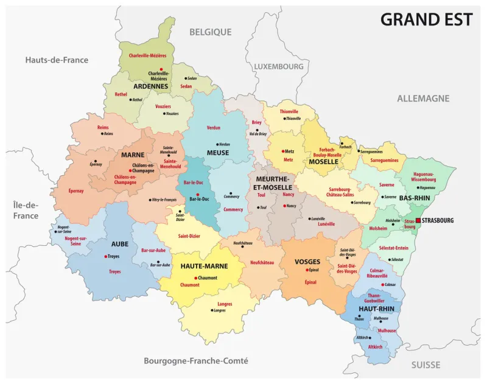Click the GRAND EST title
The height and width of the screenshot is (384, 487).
coord(426,19)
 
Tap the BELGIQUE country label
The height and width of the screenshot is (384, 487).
coord(210,32)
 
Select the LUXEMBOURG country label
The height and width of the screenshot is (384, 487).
coord(278,66)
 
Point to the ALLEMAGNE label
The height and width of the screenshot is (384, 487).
coord(423,98)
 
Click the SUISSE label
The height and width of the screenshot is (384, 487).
coord(426,365)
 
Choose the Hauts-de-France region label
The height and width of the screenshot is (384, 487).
coord(57,60)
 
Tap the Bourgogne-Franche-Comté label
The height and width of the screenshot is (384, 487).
coord(195,361)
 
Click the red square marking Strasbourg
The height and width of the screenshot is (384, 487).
coord(418,220)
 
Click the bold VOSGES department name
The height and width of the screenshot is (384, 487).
coord(307,262)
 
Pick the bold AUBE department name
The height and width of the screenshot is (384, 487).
coord(119,243)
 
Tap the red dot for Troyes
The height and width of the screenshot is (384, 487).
coord(107,257)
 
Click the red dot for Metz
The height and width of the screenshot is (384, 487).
coord(283,151)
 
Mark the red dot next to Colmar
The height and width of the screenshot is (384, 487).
coord(382,284)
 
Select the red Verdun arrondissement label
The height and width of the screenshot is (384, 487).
coord(214,128)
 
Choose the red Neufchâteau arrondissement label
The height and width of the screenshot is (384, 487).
coord(262,262)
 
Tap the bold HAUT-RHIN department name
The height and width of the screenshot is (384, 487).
coord(376,309)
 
